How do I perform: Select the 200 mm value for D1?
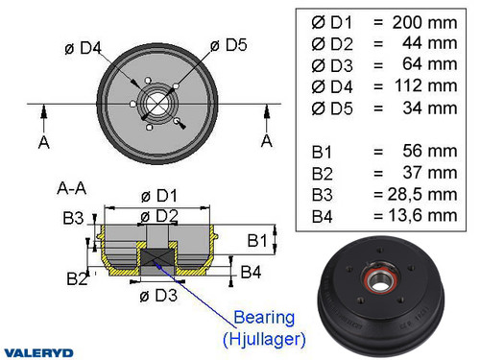pos(429,21)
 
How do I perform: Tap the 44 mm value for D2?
pos(434,42)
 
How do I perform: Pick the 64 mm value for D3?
pos(434,63)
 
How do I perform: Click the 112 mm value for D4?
pos(429,86)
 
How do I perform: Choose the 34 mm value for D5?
pos(434,108)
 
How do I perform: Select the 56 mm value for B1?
pos(434,151)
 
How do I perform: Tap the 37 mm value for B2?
pos(434,173)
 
